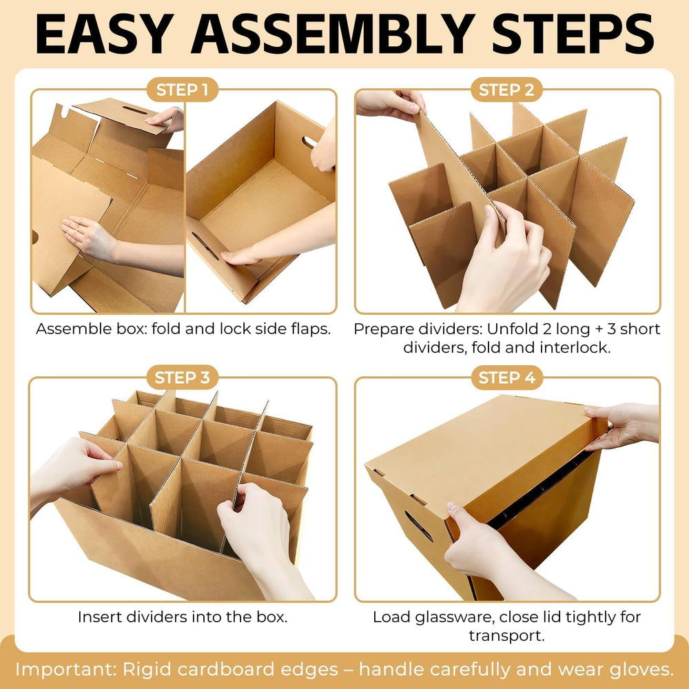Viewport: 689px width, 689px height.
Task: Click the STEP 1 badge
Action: pyautogui.click(x=182, y=90)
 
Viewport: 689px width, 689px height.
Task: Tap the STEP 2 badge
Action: pyautogui.click(x=506, y=90)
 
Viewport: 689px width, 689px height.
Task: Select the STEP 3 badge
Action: pyautogui.click(x=182, y=378)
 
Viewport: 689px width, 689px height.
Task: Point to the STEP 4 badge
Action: pyautogui.click(x=506, y=378)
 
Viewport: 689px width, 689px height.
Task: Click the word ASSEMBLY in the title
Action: pyautogui.click(x=333, y=34)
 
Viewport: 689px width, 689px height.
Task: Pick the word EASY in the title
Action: pyautogui.click(x=104, y=34)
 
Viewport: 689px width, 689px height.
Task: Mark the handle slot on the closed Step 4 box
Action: pyautogui.click(x=418, y=526)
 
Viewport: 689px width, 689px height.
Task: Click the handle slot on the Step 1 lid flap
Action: pyautogui.click(x=134, y=110)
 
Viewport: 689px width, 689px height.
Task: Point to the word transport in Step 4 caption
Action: pyautogui.click(x=506, y=636)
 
